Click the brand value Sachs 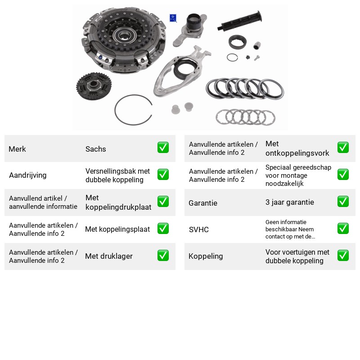click(95, 149)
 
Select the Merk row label click(17, 149)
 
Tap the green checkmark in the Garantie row click(343, 202)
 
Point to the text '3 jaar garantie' click(289, 202)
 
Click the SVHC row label click(198, 229)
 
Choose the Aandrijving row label click(28, 175)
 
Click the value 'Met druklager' click(109, 256)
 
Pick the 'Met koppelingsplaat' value click(117, 229)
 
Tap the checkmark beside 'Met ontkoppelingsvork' click(343, 148)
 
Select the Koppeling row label click(206, 256)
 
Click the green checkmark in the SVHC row click(343, 229)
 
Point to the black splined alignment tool click(239, 21)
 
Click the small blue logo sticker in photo click(173, 18)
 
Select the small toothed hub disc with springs click(94, 86)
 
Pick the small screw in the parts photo click(256, 58)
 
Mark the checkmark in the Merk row click(163, 148)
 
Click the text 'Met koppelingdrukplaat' click(118, 202)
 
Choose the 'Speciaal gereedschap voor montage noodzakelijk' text click(298, 175)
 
